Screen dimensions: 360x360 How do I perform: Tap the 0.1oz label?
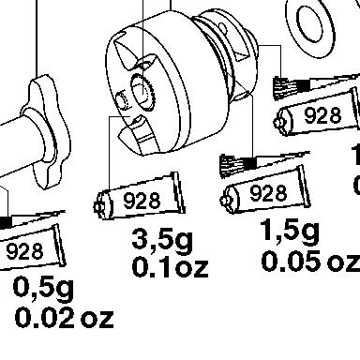click(x=170, y=267)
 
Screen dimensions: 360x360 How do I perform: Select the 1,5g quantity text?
click(x=290, y=232)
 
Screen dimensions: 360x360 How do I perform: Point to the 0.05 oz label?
click(x=310, y=262)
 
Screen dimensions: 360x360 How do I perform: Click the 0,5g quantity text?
click(x=44, y=289)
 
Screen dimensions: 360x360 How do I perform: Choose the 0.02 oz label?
click(x=64, y=318)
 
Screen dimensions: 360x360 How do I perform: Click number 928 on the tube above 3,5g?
click(x=142, y=201)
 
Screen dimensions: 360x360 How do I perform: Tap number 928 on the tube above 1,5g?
click(x=268, y=193)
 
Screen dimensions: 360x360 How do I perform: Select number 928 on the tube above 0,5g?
click(x=24, y=251)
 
